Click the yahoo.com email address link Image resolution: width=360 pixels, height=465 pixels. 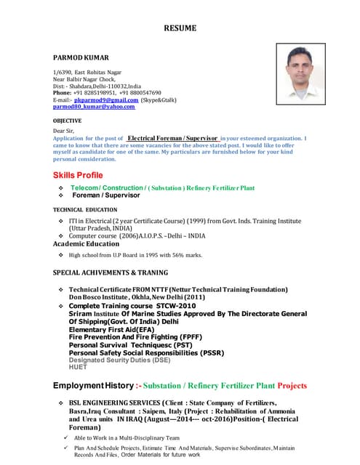click(x=94, y=107)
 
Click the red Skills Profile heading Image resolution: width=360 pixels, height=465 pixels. click(x=78, y=175)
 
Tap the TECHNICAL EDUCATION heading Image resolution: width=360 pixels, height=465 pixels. click(x=85, y=209)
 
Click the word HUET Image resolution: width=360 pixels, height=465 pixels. click(x=77, y=367)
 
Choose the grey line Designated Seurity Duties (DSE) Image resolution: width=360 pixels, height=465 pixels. click(x=119, y=360)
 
